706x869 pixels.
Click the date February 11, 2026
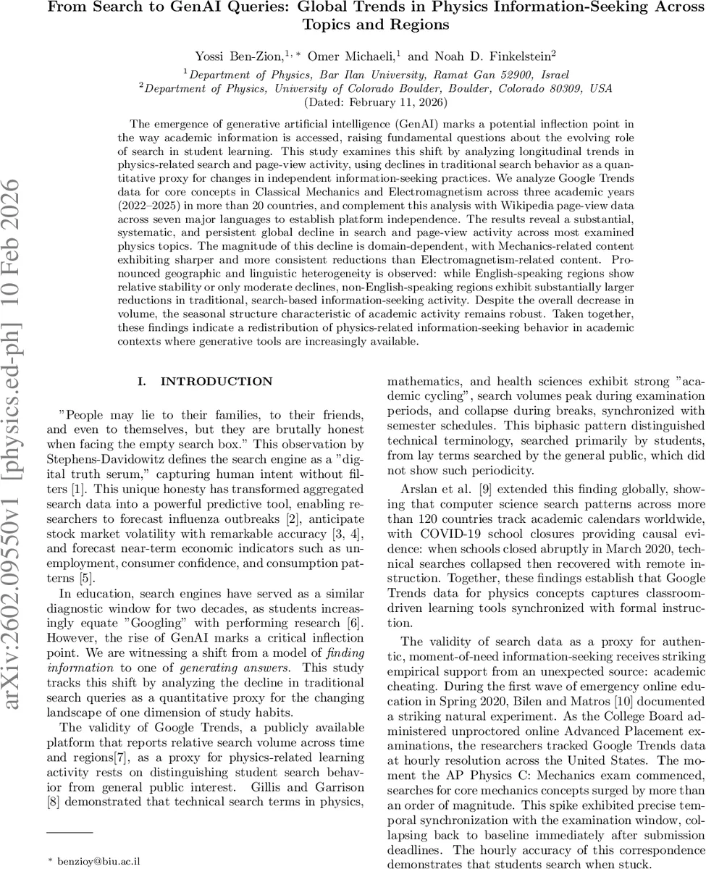click(395, 102)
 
